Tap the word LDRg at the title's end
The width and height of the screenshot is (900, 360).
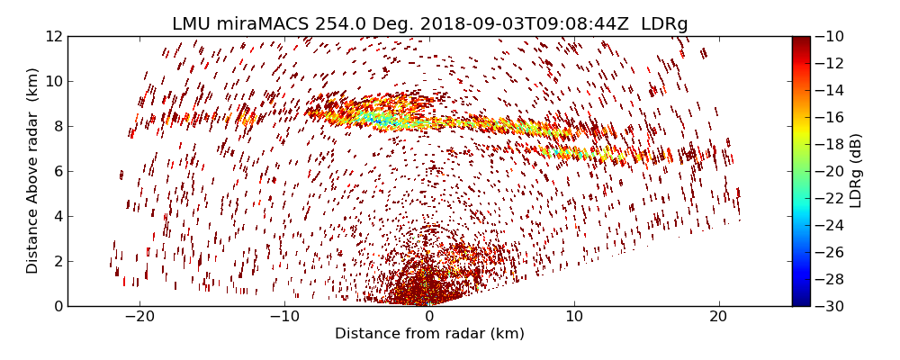(x=664, y=24)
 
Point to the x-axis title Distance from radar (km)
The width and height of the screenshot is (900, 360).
(x=429, y=334)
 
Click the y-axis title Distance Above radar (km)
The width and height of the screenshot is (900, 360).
(x=33, y=170)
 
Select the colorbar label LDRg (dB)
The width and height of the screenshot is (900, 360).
(x=856, y=170)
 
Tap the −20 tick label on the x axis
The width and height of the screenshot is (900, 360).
(x=139, y=317)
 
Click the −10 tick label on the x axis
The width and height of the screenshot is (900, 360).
(x=284, y=317)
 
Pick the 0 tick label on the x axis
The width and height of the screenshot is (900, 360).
(x=429, y=317)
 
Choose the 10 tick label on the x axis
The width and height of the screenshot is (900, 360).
(x=574, y=317)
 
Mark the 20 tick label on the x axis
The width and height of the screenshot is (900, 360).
(x=718, y=317)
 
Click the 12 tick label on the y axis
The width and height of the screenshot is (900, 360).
(x=54, y=36)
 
